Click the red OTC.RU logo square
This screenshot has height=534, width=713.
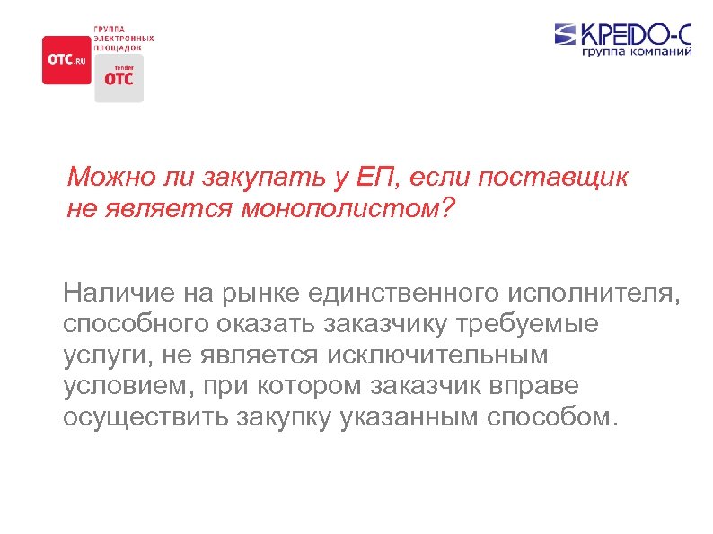coord(66,59)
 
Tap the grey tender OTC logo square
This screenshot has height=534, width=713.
coord(119,77)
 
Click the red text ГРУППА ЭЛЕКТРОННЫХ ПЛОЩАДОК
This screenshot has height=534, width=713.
coord(124,39)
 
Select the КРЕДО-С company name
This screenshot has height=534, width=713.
coord(636,35)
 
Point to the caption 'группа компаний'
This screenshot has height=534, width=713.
coord(637,54)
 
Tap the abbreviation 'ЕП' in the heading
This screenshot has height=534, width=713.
coord(377,178)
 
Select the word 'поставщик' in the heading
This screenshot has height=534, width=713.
coord(553,178)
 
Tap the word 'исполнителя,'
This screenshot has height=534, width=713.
coord(594,293)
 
